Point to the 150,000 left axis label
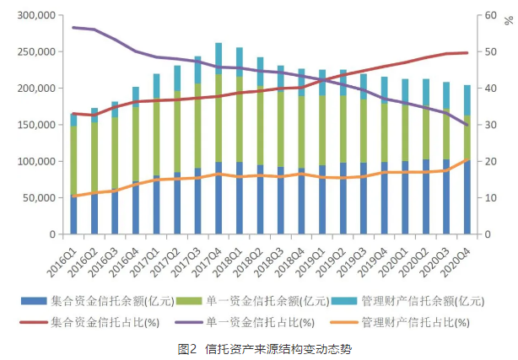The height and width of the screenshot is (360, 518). (x=36, y=125)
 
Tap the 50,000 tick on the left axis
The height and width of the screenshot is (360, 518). (x=39, y=197)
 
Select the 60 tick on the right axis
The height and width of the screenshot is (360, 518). (x=487, y=16)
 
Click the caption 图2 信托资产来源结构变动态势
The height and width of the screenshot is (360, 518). (x=260, y=347)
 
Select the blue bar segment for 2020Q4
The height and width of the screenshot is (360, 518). (x=467, y=197)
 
